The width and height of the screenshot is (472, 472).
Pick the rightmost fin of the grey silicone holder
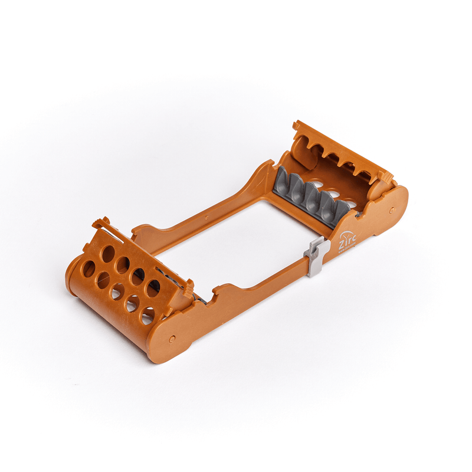pyautogui.click(x=340, y=207)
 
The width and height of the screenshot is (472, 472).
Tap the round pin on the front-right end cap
pyautogui.click(x=172, y=339)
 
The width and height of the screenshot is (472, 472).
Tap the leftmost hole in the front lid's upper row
pyautogui.click(x=108, y=253)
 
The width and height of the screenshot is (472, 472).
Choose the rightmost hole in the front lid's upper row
pyautogui.click(x=153, y=287)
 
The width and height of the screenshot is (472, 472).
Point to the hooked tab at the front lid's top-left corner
pyautogui.click(x=101, y=223)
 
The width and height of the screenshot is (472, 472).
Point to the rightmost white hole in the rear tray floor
pyautogui.click(x=352, y=205)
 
